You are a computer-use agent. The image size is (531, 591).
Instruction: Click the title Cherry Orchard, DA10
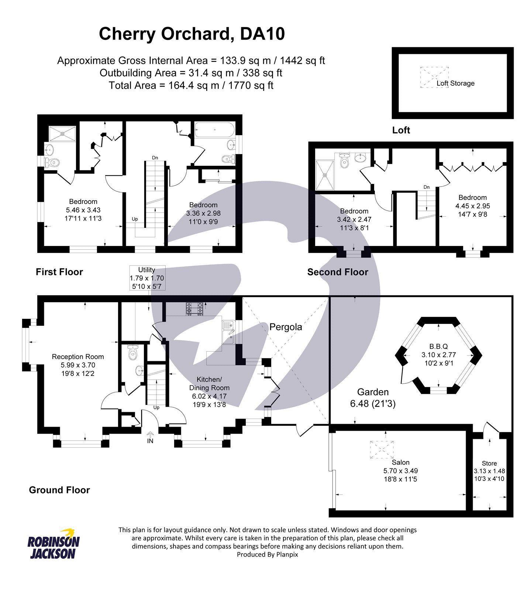pos(192,34)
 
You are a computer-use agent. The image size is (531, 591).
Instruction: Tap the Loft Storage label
pos(455,83)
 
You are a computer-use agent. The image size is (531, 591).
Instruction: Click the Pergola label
pos(285,327)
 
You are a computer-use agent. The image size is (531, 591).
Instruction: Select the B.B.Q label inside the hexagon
pos(438,346)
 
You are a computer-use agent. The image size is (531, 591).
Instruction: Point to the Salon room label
pos(400,462)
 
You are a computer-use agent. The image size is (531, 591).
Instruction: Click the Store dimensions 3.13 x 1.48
pos(489,471)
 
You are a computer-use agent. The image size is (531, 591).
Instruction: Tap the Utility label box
pos(147,277)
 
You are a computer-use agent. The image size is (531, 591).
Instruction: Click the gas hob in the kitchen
pos(194,309)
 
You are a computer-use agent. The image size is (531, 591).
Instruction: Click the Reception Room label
pos(78,357)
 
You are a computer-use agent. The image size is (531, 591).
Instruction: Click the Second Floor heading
pos(338,272)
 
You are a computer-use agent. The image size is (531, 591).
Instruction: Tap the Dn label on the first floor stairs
pos(155,158)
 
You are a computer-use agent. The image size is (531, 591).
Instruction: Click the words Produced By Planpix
pos(267,554)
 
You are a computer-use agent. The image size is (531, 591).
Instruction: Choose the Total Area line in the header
pos(191,86)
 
